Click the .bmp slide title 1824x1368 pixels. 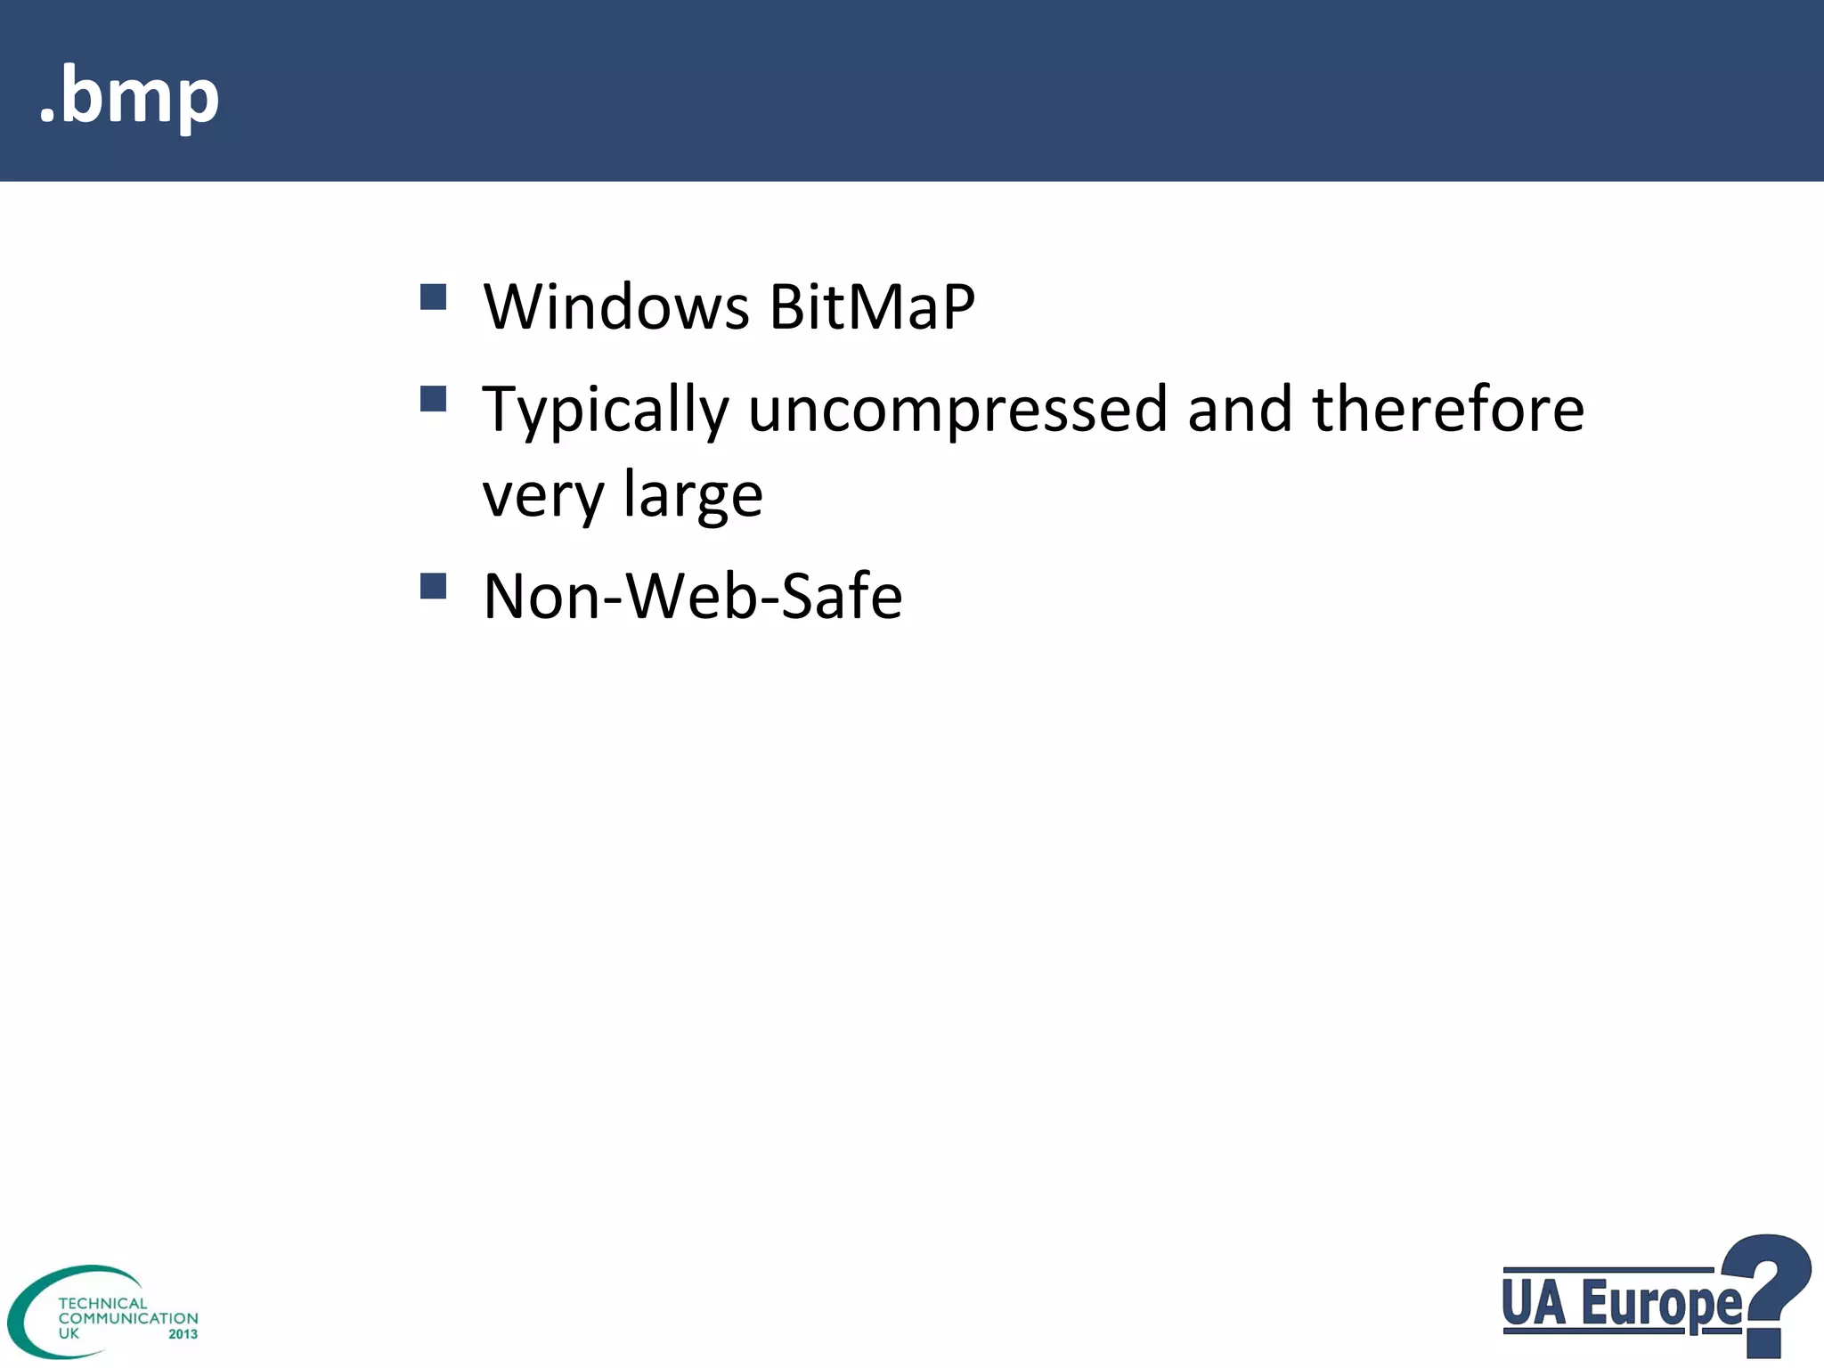click(129, 96)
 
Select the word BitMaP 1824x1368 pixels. click(872, 307)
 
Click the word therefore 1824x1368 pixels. click(1448, 410)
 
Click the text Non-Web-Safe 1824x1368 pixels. click(692, 596)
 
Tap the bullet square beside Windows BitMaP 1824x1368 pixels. click(433, 297)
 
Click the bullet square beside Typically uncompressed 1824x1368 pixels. click(433, 398)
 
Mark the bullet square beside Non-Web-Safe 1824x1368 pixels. click(433, 586)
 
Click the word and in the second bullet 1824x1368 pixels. click(1239, 410)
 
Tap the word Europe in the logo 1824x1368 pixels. click(1662, 1305)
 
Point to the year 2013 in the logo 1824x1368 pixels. click(183, 1334)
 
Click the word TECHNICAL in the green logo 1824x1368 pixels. click(102, 1303)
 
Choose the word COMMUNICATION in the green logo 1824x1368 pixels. click(128, 1318)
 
